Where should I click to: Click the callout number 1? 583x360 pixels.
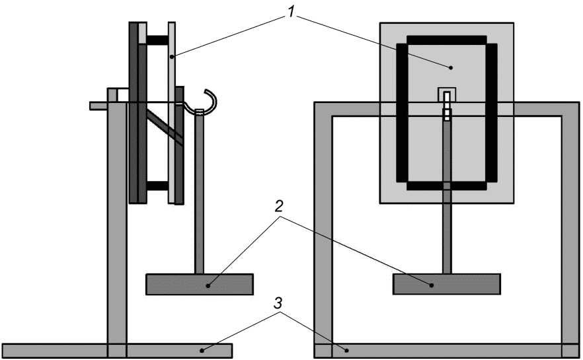pos(291,12)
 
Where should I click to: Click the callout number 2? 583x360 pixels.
pos(279,206)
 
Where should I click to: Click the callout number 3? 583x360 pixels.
pos(278,304)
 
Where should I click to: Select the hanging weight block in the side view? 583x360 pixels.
pos(200,284)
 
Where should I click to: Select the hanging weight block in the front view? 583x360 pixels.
pos(447,284)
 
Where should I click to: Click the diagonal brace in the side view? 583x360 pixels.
pos(165,127)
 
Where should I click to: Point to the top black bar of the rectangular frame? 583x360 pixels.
pos(447,40)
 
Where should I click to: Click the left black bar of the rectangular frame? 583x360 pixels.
pos(402,113)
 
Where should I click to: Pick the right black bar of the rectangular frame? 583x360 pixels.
pos(492,113)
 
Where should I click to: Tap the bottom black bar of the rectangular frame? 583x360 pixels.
pos(447,186)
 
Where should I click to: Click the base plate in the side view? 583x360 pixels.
pos(117,351)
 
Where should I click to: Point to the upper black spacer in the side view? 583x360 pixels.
pos(157,40)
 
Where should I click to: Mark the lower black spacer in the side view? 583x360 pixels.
pos(157,186)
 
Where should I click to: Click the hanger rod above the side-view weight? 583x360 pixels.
pos(200,192)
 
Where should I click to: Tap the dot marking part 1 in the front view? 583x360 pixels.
pos(451,67)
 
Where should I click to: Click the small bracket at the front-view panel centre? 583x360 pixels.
pos(447,94)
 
